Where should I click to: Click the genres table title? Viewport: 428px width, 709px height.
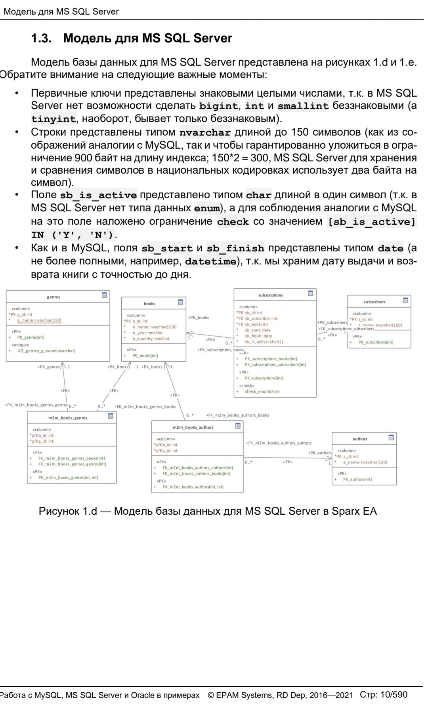[x=53, y=297]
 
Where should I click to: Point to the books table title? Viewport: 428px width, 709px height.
[x=149, y=304]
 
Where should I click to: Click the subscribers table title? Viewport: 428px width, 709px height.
[x=374, y=302]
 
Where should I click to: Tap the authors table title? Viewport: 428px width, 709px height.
[x=359, y=439]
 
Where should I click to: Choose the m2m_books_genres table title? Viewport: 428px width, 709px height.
[x=68, y=418]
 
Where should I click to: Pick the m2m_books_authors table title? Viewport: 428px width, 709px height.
[x=193, y=427]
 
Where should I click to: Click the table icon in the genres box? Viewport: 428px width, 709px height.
[x=104, y=295]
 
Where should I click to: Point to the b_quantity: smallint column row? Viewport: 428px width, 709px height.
[x=151, y=339]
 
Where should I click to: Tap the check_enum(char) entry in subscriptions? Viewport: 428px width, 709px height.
[x=262, y=391]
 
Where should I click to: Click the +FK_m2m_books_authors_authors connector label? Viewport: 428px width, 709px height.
[x=279, y=443]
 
